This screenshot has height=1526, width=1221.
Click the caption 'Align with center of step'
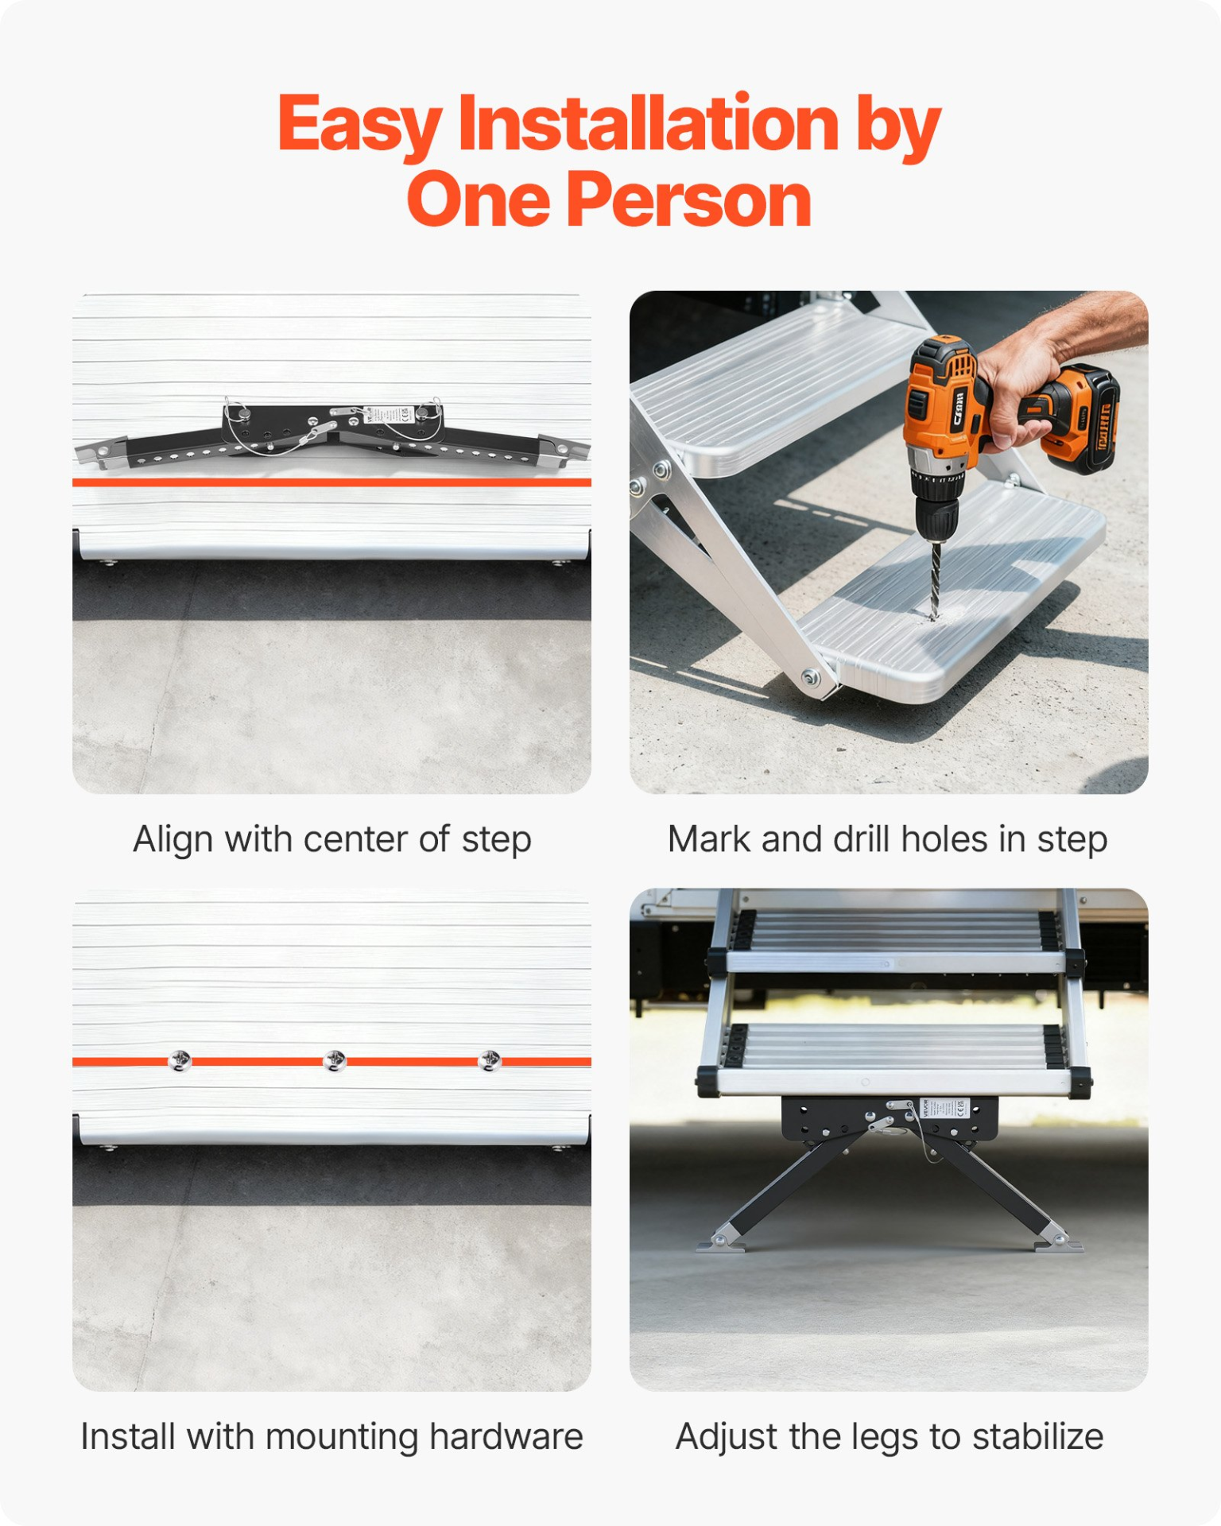click(332, 839)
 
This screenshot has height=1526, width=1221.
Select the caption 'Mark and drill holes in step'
click(887, 839)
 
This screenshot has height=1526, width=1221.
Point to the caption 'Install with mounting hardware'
click(332, 1437)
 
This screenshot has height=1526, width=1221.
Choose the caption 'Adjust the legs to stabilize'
click(890, 1437)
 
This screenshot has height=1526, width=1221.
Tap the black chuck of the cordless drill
click(937, 517)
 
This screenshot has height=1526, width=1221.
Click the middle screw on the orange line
click(335, 1060)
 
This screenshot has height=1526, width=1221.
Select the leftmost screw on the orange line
click(180, 1060)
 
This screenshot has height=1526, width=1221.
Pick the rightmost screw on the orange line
click(489, 1060)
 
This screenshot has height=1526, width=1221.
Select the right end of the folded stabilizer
click(566, 450)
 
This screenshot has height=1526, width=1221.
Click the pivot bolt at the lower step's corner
click(811, 678)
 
